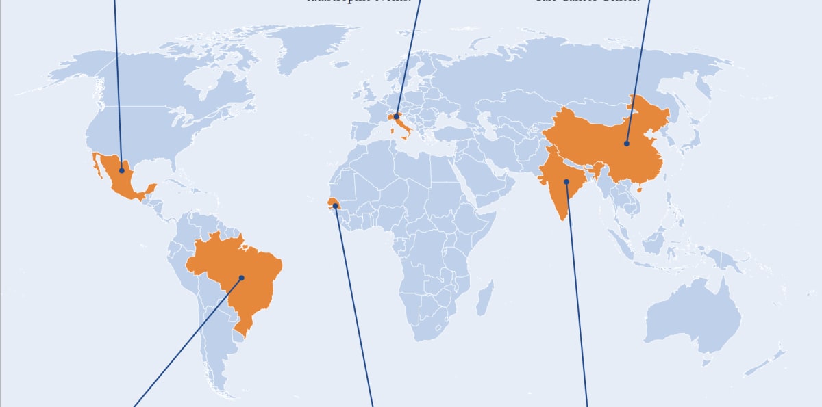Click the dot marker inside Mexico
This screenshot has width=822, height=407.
pyautogui.click(x=122, y=170)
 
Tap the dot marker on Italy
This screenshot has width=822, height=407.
pyautogui.click(x=396, y=117)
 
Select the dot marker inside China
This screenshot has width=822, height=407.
pyautogui.click(x=626, y=144)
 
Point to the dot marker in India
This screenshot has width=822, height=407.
pyautogui.click(x=566, y=181)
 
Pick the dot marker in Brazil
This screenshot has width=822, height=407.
pyautogui.click(x=241, y=278)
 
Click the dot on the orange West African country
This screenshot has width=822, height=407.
pyautogui.click(x=335, y=205)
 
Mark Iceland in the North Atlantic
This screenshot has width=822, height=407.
pyautogui.click(x=340, y=65)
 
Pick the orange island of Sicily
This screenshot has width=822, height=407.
pyautogui.click(x=405, y=137)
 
